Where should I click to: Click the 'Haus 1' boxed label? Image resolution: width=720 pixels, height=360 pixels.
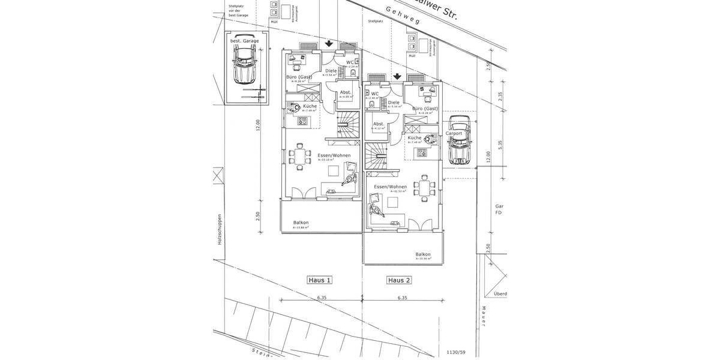[320, 280]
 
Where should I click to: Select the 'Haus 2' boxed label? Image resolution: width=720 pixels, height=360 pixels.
[399, 280]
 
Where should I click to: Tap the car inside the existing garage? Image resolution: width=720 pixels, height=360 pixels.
[245, 61]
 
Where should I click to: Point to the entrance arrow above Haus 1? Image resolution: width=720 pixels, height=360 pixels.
[329, 43]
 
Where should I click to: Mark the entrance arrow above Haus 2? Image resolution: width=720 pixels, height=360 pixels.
[397, 76]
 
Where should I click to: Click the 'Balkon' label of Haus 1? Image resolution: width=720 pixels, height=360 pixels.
[301, 223]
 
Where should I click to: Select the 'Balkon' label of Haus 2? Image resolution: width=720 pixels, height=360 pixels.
[423, 254]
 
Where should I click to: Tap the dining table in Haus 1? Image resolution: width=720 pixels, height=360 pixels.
[298, 157]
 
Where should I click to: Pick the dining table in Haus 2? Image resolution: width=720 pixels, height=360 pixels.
[426, 188]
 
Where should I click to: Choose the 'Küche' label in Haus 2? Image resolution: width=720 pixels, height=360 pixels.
[415, 138]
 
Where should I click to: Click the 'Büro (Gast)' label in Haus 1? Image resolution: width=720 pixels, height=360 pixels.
[298, 77]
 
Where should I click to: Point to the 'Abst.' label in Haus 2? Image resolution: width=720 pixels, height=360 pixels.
[378, 124]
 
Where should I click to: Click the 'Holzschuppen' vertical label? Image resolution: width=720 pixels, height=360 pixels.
[220, 230]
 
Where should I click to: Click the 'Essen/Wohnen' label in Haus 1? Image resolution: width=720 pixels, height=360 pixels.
[334, 155]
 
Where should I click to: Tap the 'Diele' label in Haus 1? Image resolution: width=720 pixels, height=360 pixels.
[331, 71]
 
